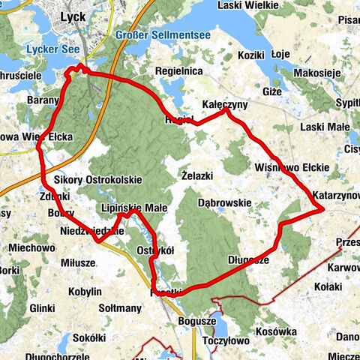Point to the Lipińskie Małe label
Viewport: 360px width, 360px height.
(133, 208)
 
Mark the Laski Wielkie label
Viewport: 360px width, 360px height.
(247, 5)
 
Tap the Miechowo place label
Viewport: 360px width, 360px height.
(32, 247)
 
